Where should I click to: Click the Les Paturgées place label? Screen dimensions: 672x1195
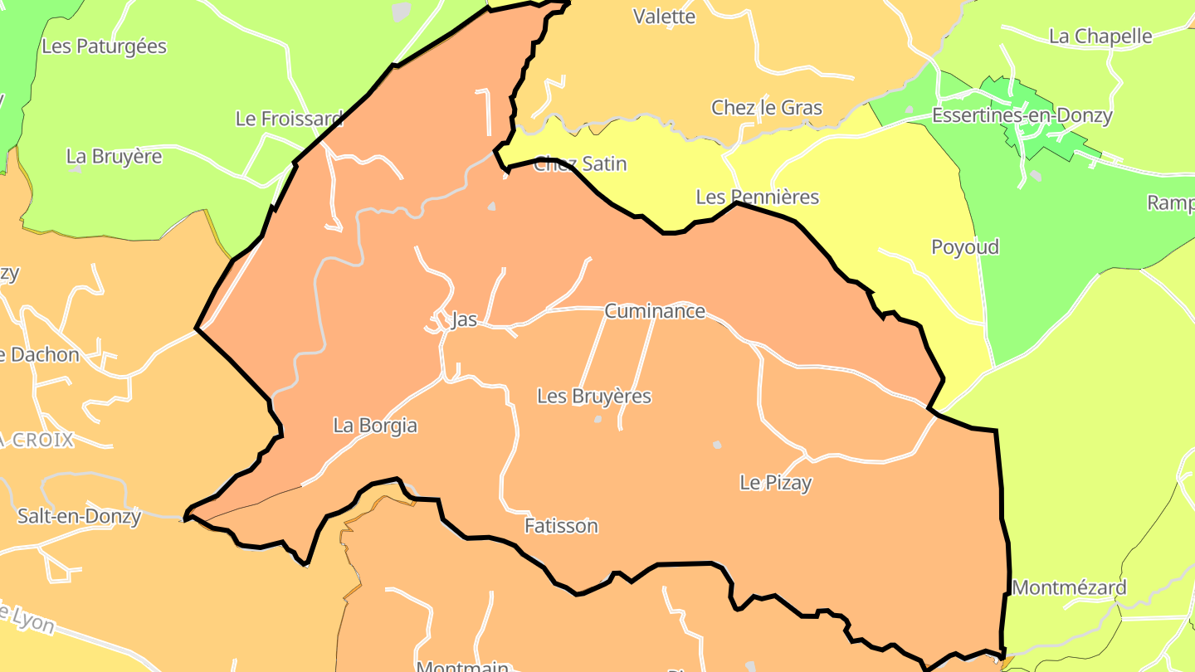click(x=104, y=46)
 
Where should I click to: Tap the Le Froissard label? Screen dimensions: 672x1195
click(x=289, y=119)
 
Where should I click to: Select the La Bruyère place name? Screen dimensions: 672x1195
click(x=114, y=156)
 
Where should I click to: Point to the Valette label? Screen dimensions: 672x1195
click(x=664, y=16)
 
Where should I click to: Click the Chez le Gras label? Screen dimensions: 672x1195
click(x=767, y=107)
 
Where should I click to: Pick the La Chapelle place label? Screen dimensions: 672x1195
click(x=1100, y=36)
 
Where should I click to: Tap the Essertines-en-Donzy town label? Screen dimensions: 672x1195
click(x=1022, y=115)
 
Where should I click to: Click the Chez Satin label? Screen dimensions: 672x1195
click(x=580, y=163)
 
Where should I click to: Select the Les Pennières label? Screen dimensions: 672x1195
click(x=757, y=197)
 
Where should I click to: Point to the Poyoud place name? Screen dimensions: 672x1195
click(x=964, y=246)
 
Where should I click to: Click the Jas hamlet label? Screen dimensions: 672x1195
click(x=464, y=319)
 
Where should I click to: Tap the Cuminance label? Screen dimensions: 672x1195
click(x=655, y=311)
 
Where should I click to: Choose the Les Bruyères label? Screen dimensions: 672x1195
click(x=594, y=396)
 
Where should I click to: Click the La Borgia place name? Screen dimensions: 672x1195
click(x=375, y=426)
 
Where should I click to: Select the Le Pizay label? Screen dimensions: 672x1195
click(x=775, y=482)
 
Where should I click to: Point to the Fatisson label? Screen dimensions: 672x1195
click(x=561, y=525)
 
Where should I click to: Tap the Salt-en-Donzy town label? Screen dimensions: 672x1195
click(x=79, y=516)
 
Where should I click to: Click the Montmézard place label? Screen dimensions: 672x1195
click(x=1069, y=587)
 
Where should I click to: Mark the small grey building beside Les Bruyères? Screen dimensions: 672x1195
click(x=597, y=419)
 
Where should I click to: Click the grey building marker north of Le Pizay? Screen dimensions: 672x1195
click(x=717, y=446)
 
